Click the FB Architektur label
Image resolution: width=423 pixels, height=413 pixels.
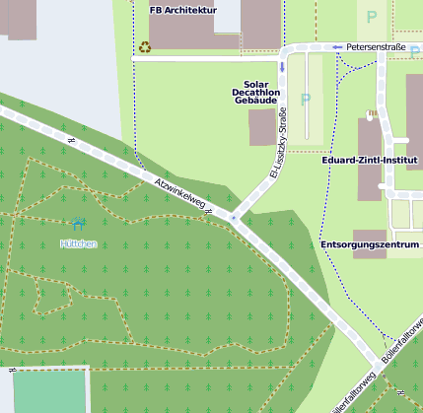tap(182, 10)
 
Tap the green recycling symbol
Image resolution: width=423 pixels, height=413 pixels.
tap(145, 46)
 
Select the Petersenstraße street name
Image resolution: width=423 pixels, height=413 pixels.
tap(377, 46)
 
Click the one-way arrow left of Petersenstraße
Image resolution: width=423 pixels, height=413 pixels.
tap(337, 46)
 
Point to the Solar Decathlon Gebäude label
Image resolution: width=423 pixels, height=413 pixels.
tap(256, 93)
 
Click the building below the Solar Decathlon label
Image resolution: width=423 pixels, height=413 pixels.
tap(262, 127)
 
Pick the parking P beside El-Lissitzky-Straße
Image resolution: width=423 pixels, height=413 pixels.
tap(305, 100)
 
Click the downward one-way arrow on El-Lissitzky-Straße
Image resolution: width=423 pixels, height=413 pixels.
tap(282, 67)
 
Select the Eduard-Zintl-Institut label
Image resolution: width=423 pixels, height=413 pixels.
tap(370, 160)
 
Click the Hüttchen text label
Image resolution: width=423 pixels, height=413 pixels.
tap(79, 243)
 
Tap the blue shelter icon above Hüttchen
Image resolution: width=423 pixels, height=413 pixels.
tap(79, 226)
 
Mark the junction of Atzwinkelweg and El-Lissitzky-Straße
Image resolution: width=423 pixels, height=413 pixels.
tap(233, 217)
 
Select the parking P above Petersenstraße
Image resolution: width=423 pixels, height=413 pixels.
tap(372, 17)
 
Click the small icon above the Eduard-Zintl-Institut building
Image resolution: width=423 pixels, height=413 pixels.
tap(372, 114)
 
